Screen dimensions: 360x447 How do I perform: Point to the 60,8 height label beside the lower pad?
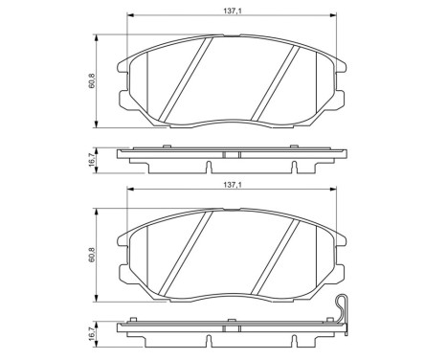[x=93, y=256]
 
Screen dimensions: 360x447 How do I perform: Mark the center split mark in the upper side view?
[x=226, y=154]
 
